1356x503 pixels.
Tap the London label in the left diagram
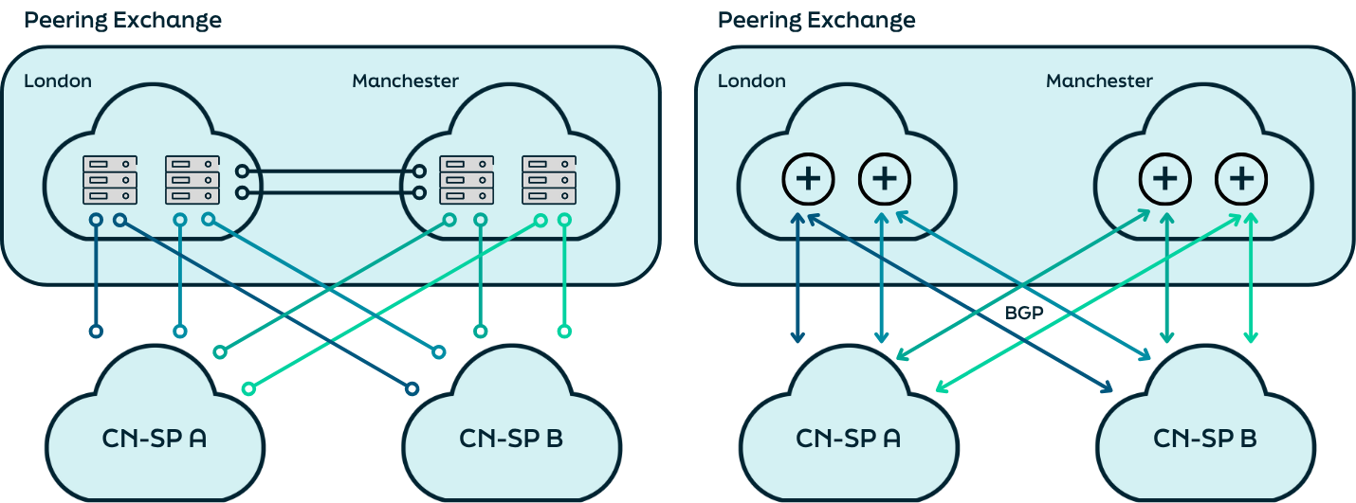[58, 81]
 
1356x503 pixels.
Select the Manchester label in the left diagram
[405, 81]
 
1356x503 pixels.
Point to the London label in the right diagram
[752, 81]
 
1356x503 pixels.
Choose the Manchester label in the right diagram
[1099, 81]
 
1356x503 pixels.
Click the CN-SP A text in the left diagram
[155, 440]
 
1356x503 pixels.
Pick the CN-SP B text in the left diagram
[512, 440]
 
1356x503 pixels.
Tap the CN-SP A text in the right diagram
[849, 440]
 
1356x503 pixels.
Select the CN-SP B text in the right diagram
[1205, 440]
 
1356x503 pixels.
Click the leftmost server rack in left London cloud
[110, 180]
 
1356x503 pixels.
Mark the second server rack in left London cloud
[192, 180]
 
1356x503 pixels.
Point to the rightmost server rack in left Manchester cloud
[549, 180]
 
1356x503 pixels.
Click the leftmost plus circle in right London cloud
[808, 179]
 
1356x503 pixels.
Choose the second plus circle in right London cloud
[885, 179]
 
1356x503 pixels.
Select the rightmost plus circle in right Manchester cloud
[1242, 179]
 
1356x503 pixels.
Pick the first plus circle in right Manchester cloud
[1165, 179]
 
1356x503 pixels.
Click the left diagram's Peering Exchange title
[122, 20]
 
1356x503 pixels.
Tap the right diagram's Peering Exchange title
[816, 20]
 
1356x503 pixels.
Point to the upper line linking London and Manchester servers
[330, 172]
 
